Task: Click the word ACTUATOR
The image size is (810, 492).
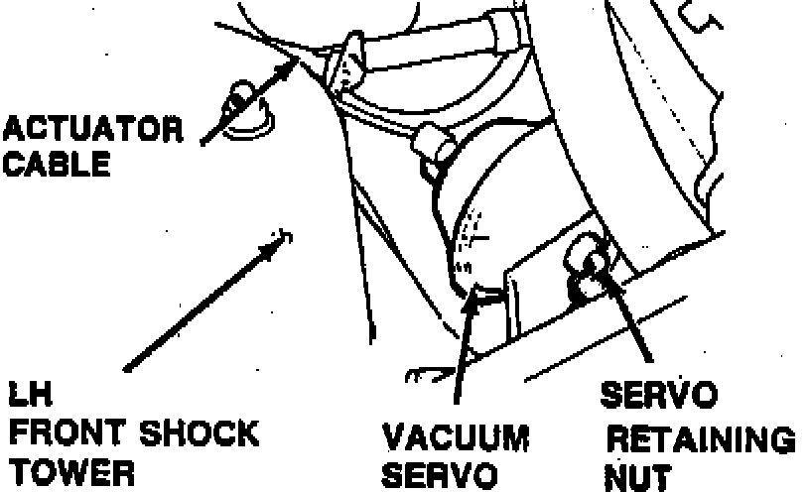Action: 93,129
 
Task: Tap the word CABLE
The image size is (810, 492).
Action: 57,164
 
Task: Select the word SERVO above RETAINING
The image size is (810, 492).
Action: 658,396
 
